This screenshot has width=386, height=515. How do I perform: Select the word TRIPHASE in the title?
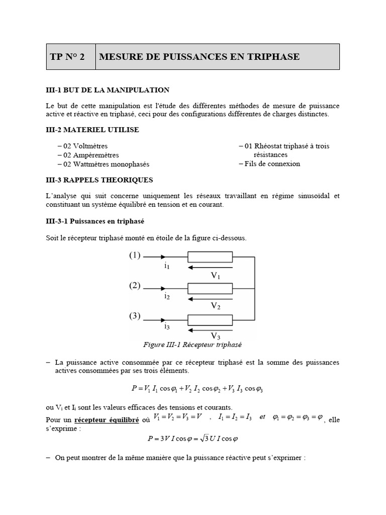(274, 57)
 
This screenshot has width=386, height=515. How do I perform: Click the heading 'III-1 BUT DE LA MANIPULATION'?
(108, 90)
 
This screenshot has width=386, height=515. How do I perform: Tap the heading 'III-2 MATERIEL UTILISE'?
(92, 130)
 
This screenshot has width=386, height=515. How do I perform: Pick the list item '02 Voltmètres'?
(85, 146)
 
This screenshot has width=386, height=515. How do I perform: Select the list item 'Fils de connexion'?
(272, 163)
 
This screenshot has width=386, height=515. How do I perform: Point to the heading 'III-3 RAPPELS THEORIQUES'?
(100, 180)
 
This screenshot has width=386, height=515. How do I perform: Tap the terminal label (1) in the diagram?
(135, 255)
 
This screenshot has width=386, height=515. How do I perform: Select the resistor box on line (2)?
(210, 289)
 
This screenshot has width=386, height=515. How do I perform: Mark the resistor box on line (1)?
(210, 258)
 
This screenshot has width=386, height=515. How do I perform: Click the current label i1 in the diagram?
(166, 266)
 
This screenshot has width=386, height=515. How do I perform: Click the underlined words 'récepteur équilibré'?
(107, 419)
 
